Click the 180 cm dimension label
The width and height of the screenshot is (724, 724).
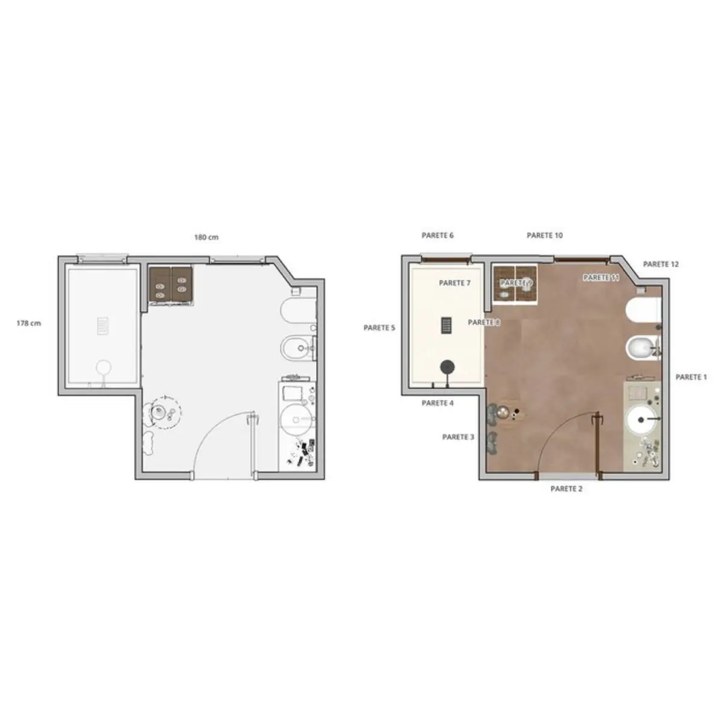[x=206, y=237]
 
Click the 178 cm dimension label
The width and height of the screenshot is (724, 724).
[x=28, y=323]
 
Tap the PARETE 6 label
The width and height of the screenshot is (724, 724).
[x=437, y=235]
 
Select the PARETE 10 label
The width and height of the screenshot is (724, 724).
[x=544, y=235]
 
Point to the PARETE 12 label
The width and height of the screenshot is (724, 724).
[x=661, y=264]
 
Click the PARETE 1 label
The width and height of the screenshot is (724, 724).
[x=691, y=377]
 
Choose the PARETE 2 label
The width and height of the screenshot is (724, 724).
[x=566, y=489]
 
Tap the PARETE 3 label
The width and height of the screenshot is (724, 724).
[x=458, y=437]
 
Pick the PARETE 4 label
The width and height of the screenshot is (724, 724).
[x=437, y=403]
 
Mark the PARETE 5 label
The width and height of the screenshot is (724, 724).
[x=379, y=328]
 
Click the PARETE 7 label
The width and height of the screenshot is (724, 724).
[x=455, y=283]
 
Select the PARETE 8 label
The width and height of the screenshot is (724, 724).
[x=483, y=322]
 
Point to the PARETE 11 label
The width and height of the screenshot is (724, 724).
[x=601, y=278]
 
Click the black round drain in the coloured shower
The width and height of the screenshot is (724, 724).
[x=447, y=367]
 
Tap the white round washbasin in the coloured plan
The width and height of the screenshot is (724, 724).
[x=641, y=420]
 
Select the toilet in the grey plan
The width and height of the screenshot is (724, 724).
[x=298, y=310]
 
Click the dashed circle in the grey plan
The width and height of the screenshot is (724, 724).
[x=164, y=412]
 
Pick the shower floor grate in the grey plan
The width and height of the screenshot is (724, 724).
[x=103, y=326]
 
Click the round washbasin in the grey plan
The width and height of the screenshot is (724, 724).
[x=296, y=419]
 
